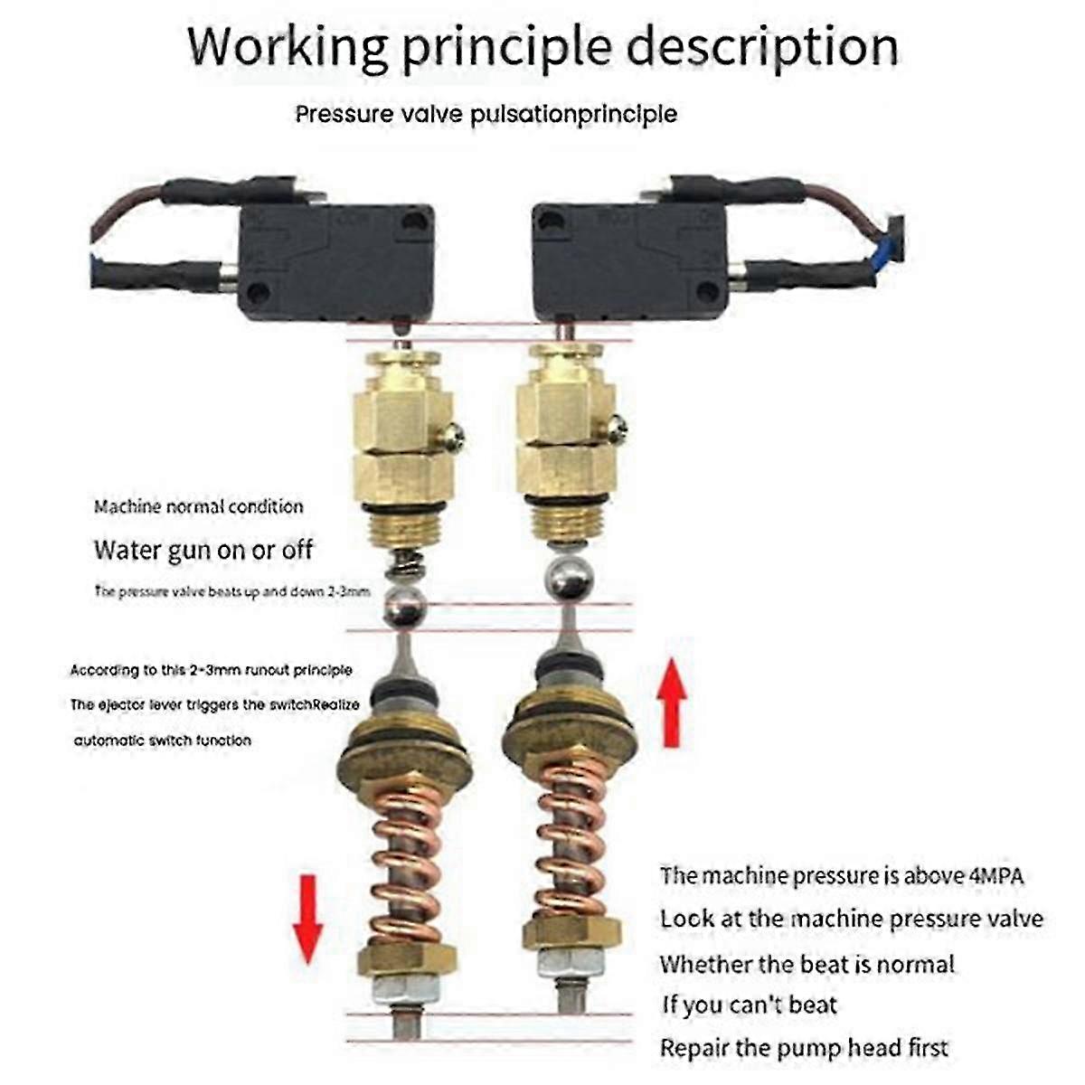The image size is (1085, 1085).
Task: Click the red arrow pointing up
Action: [671, 703]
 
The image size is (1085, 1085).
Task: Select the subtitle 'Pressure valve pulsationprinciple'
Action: [486, 115]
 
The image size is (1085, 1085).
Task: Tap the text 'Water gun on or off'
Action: [203, 550]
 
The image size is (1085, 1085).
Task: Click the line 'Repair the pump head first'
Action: [804, 1049]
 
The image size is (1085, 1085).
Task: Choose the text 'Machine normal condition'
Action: [198, 507]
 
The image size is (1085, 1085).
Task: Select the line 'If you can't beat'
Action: [749, 1005]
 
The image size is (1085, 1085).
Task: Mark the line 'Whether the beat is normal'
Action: [807, 964]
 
